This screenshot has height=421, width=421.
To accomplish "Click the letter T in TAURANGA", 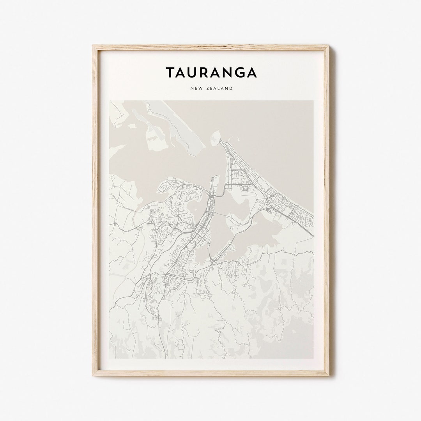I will click(x=171, y=73).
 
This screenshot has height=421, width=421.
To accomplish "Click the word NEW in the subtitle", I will click(x=197, y=88).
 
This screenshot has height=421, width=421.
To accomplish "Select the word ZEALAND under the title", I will click(x=220, y=88).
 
